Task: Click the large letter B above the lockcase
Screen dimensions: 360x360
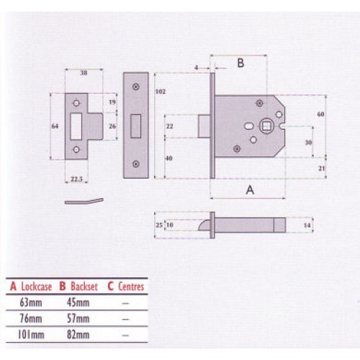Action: pyautogui.click(x=240, y=63)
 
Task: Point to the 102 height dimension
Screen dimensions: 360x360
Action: pyautogui.click(x=160, y=92)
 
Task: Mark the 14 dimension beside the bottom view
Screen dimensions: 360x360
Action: pyautogui.click(x=307, y=226)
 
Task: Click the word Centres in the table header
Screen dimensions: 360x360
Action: pyautogui.click(x=128, y=286)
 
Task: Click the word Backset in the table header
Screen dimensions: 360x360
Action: pyautogui.click(x=81, y=286)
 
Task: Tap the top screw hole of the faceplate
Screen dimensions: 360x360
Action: pyautogui.click(x=137, y=86)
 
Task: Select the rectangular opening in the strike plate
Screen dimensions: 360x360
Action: pyautogui.click(x=78, y=126)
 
